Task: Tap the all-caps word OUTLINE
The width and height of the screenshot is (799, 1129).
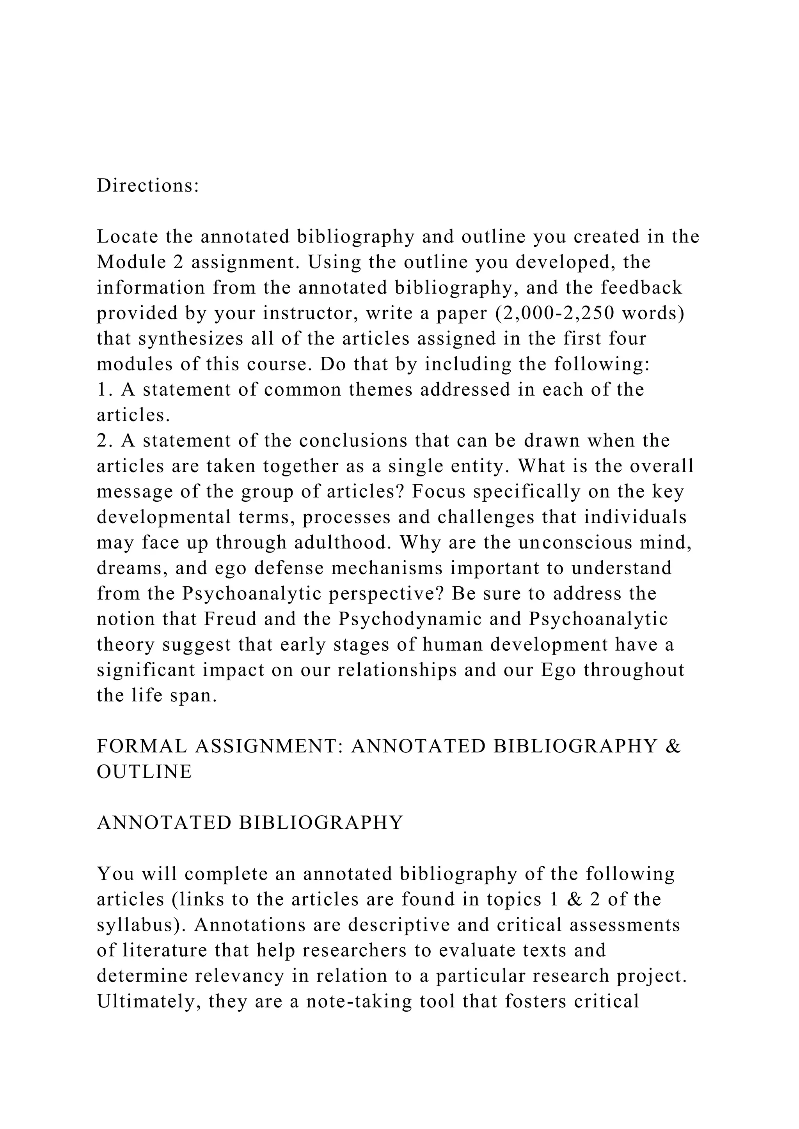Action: [x=144, y=772]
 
